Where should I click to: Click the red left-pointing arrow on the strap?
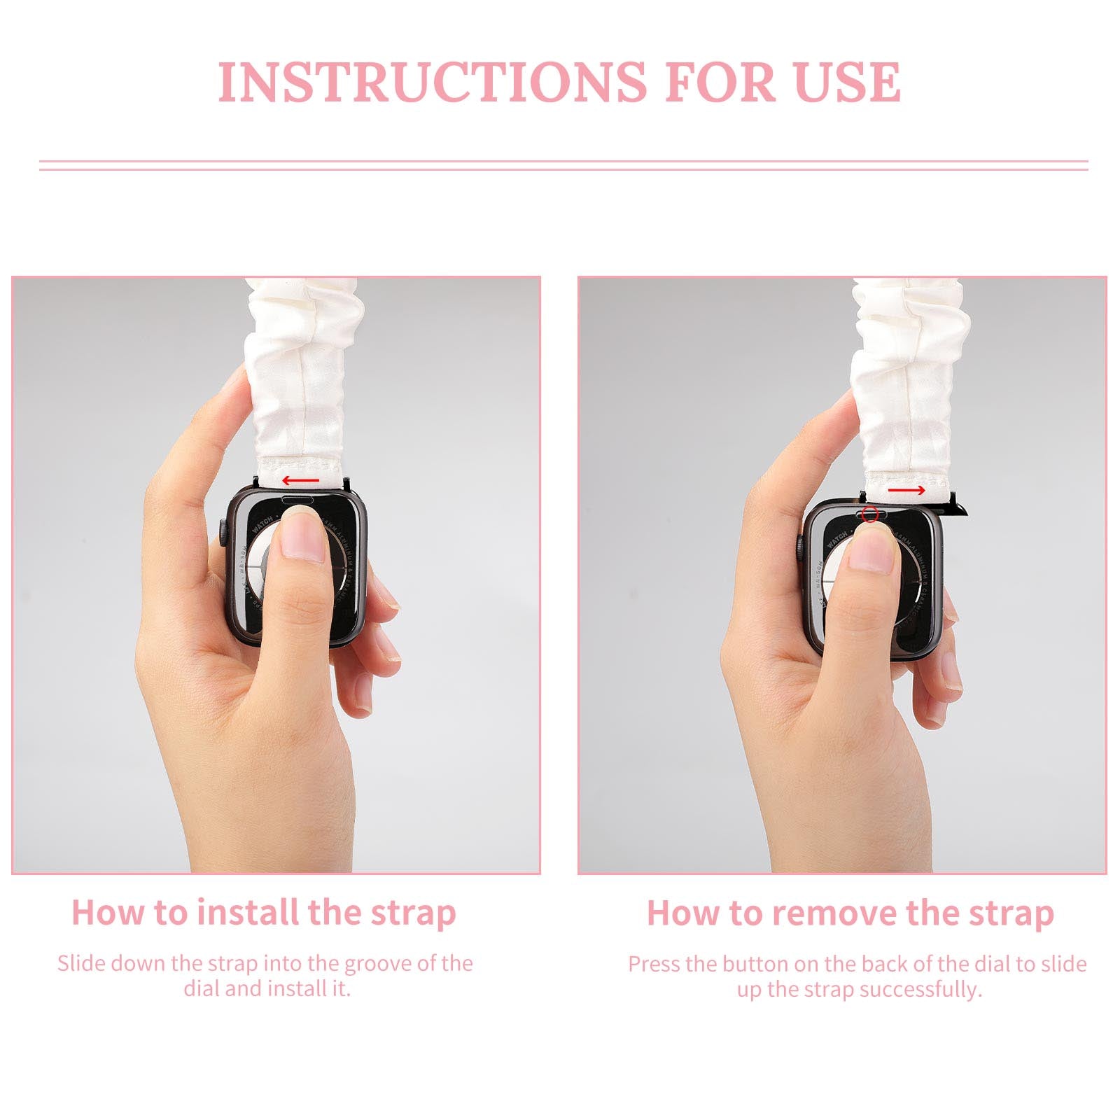[301, 481]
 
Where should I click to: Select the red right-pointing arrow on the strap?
[906, 491]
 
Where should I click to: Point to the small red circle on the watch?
[869, 514]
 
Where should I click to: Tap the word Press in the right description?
[654, 965]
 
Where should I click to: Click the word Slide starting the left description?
[81, 964]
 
